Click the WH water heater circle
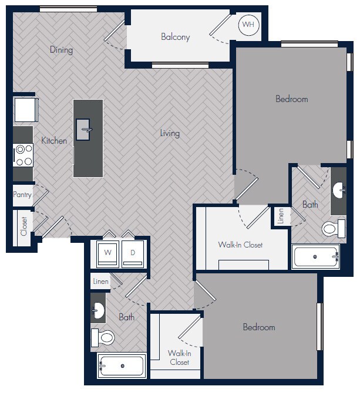click(248, 25)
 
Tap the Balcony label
click(176, 37)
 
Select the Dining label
click(61, 50)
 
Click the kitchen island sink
click(85, 128)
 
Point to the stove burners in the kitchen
click(23, 155)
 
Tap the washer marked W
click(107, 253)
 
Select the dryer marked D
click(133, 253)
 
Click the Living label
click(170, 133)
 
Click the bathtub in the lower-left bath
click(122, 366)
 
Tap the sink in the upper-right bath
click(338, 190)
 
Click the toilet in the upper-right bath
click(331, 228)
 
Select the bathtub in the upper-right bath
click(316, 257)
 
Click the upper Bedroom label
click(291, 99)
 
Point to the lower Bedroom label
click(259, 327)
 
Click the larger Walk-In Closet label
click(240, 245)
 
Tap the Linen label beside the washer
click(100, 282)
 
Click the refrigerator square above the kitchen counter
click(25, 110)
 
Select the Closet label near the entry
click(24, 226)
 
